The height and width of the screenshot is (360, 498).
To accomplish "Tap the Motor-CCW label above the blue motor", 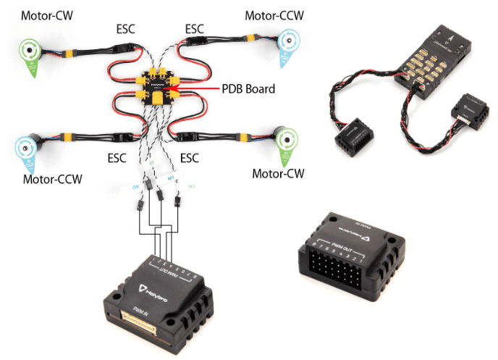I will [x=274, y=14].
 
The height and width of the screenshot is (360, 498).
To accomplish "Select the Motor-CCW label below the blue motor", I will [x=52, y=179].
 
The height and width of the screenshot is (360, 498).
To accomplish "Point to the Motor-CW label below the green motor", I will [x=278, y=174].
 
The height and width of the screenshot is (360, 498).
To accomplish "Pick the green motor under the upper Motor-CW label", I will [x=31, y=51].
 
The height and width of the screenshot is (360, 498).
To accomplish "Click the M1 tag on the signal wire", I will [x=172, y=177].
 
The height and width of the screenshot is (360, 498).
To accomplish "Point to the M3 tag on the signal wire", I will [x=192, y=187].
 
